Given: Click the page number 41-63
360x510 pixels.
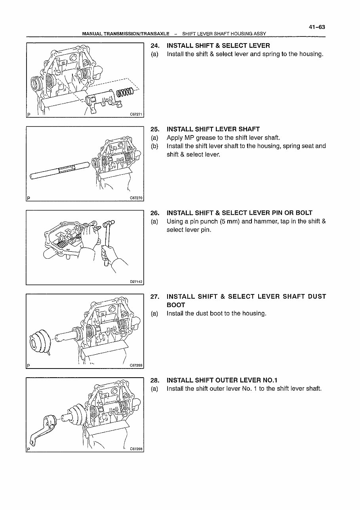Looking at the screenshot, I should coord(317,27).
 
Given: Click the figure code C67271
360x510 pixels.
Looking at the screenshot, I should coord(135,115).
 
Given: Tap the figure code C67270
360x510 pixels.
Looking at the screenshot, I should coord(135,199).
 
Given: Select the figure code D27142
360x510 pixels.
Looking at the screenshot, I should coord(135,282).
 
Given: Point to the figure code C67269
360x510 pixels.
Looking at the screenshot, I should coord(135,365).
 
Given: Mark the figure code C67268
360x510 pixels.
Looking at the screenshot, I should coord(135,449).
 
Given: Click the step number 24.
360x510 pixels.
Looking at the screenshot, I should coord(155,46).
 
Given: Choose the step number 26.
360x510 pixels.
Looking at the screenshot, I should coord(155,213).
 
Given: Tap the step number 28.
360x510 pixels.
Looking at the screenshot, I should coord(155,380).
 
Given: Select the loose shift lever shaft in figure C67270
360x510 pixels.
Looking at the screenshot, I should coord(59,170).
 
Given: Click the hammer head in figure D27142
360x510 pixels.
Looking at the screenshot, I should coord(109,224).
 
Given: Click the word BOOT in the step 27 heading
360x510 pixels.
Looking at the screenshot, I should coord(176,305).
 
